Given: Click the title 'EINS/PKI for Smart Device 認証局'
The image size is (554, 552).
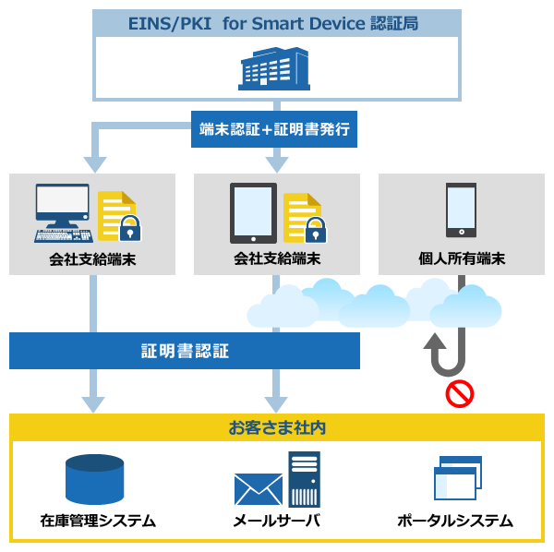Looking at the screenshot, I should coord(276,22).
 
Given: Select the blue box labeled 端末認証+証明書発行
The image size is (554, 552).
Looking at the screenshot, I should coord(276,130).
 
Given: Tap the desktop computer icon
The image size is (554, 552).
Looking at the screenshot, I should coord(63,212).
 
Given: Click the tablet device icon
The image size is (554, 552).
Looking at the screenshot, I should coord(253,212).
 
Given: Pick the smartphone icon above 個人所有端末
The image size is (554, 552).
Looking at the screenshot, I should coord(461,211).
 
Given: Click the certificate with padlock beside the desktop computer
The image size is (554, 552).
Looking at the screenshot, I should coord(119,216).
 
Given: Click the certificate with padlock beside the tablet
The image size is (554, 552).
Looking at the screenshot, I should coord(305,217).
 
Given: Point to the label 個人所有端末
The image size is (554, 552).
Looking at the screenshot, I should coord(461,258).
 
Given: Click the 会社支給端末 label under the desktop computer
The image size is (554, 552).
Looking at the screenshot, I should coord(92,258).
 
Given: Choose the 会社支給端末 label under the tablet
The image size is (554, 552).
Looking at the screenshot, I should coord(277,258).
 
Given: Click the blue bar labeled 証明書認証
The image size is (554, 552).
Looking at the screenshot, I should coord(185,351).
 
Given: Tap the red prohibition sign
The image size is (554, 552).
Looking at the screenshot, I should coord(459,394).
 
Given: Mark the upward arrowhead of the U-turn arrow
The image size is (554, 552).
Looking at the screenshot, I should coord(434,343).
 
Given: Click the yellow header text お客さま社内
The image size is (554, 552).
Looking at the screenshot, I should coord(276,428).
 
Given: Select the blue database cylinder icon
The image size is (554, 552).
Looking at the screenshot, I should coord(94,477).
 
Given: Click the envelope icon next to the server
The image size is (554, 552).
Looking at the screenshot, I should coord(258,490).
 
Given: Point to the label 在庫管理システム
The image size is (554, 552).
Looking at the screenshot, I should coord(98,521).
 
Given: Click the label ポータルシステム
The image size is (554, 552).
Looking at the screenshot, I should coord(455,521).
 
